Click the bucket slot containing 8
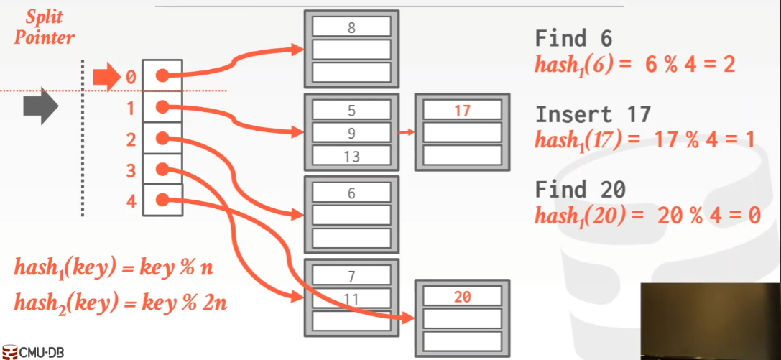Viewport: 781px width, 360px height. pos(351,27)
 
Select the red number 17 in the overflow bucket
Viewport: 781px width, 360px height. pos(462,110)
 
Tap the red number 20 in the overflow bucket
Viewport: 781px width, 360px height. pos(462,296)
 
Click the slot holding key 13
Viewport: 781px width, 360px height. pos(351,156)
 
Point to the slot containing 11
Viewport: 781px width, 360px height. pos(351,297)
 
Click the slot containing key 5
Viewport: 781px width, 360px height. pos(351,110)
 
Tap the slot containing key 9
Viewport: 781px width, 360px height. pos(351,133)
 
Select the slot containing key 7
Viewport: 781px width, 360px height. pos(351,274)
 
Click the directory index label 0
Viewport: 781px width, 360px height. pos(131,76)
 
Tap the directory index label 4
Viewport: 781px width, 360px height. pos(131,201)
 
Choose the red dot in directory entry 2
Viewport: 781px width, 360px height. pos(162,138)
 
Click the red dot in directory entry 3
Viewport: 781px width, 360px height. pos(162,170)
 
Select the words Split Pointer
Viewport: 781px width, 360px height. pos(45,27)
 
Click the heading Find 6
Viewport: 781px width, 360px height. pos(573,39)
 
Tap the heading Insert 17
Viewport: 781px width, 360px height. pos(593,114)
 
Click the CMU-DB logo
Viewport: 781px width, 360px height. pos(34,352)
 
